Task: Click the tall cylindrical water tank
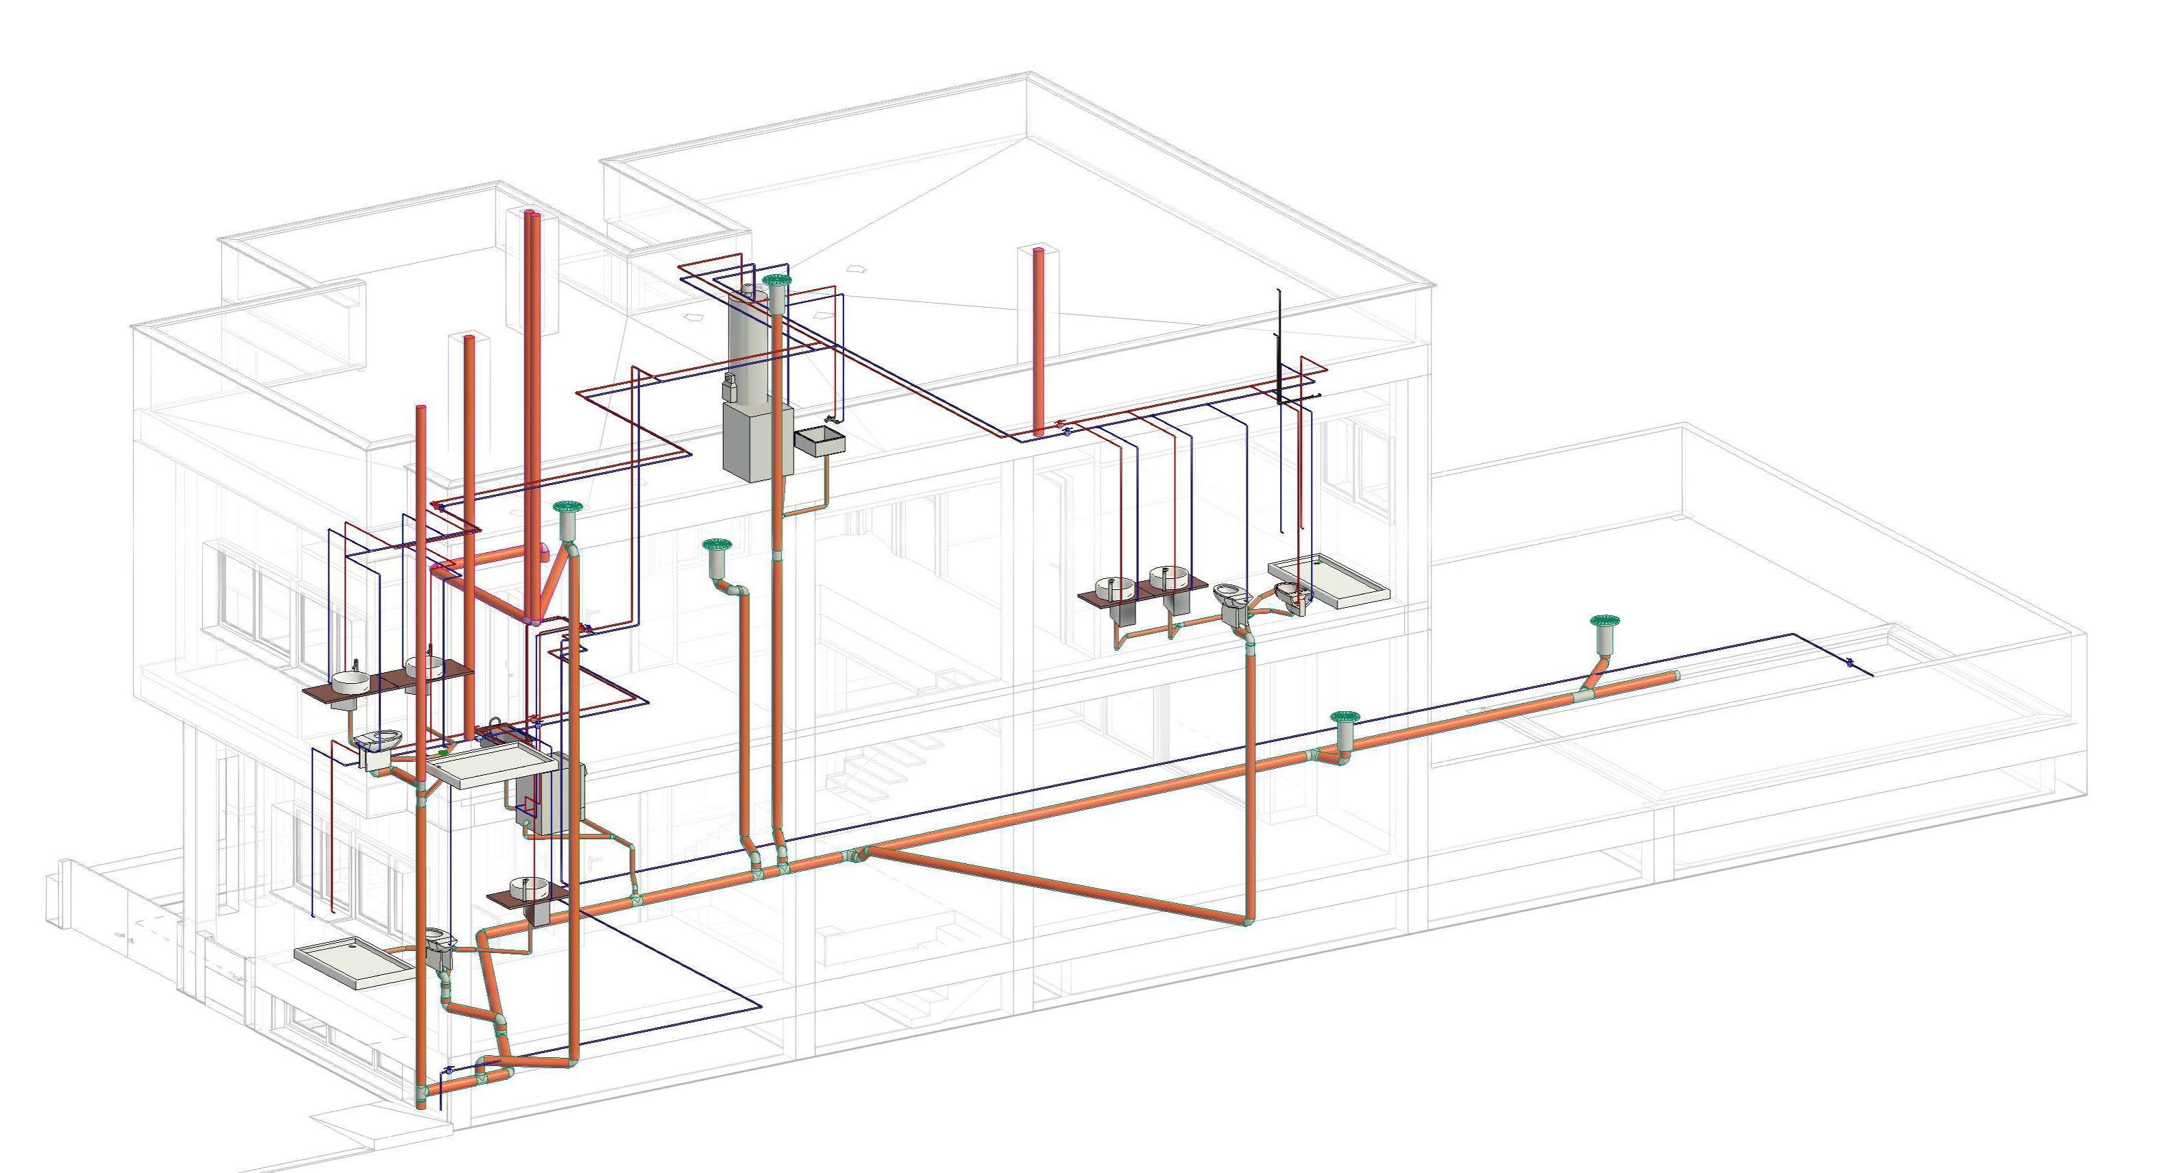point(750,344)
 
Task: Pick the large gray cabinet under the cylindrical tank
point(754,442)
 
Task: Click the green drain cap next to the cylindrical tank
point(777,281)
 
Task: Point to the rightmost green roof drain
point(1604,622)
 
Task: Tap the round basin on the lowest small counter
point(528,885)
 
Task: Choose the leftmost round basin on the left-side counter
point(350,680)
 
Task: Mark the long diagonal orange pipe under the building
point(1057,886)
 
